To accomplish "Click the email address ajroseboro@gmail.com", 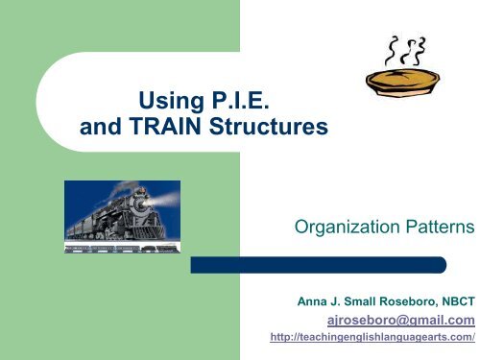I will click(409, 320).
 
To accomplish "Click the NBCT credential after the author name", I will click(457, 301).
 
